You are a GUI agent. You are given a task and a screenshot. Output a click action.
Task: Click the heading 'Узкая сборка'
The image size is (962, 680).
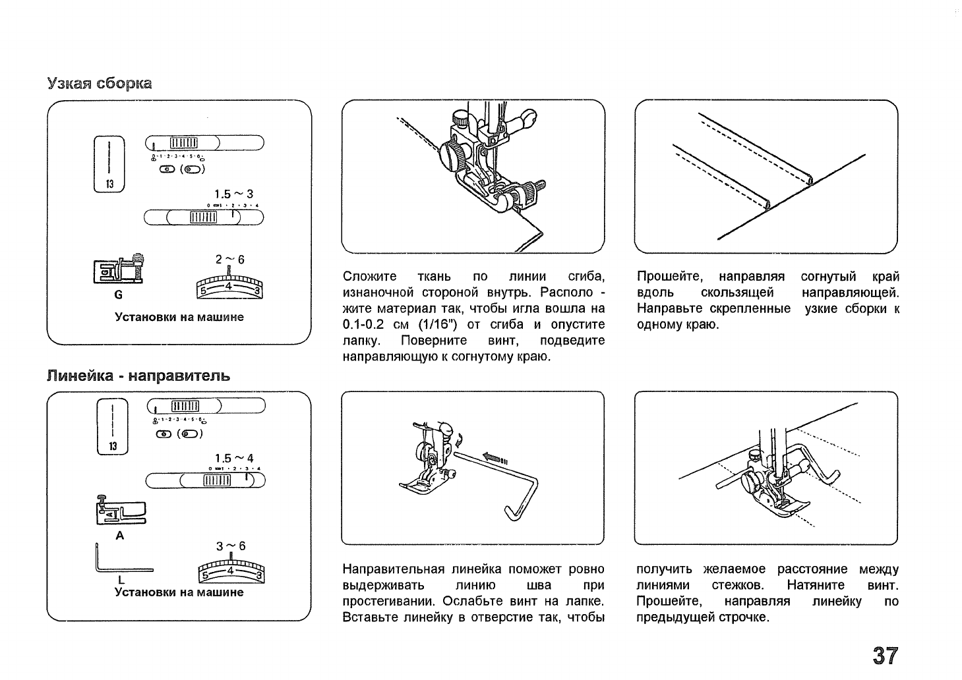point(100,84)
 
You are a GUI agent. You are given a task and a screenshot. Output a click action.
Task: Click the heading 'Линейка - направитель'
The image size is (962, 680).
point(138,376)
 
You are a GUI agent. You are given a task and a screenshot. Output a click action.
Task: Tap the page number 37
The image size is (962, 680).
point(885,656)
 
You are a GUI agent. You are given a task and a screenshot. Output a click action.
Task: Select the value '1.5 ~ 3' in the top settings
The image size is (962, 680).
point(233,194)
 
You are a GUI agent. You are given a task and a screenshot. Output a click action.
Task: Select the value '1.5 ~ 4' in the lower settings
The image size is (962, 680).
point(233,459)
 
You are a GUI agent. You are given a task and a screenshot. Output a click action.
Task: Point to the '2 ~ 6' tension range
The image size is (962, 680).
point(230,260)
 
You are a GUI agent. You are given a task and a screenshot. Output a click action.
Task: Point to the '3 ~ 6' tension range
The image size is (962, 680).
point(230,546)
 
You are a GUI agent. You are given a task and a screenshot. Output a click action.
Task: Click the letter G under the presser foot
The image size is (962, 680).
point(119,295)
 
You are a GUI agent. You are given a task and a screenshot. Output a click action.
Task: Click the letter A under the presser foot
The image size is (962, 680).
point(119,536)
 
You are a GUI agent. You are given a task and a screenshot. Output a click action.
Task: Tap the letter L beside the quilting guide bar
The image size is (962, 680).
point(121,579)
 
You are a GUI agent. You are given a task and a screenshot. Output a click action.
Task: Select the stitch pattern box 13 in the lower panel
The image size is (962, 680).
point(113,427)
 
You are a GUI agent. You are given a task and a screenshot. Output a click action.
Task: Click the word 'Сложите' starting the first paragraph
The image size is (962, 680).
point(370,277)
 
